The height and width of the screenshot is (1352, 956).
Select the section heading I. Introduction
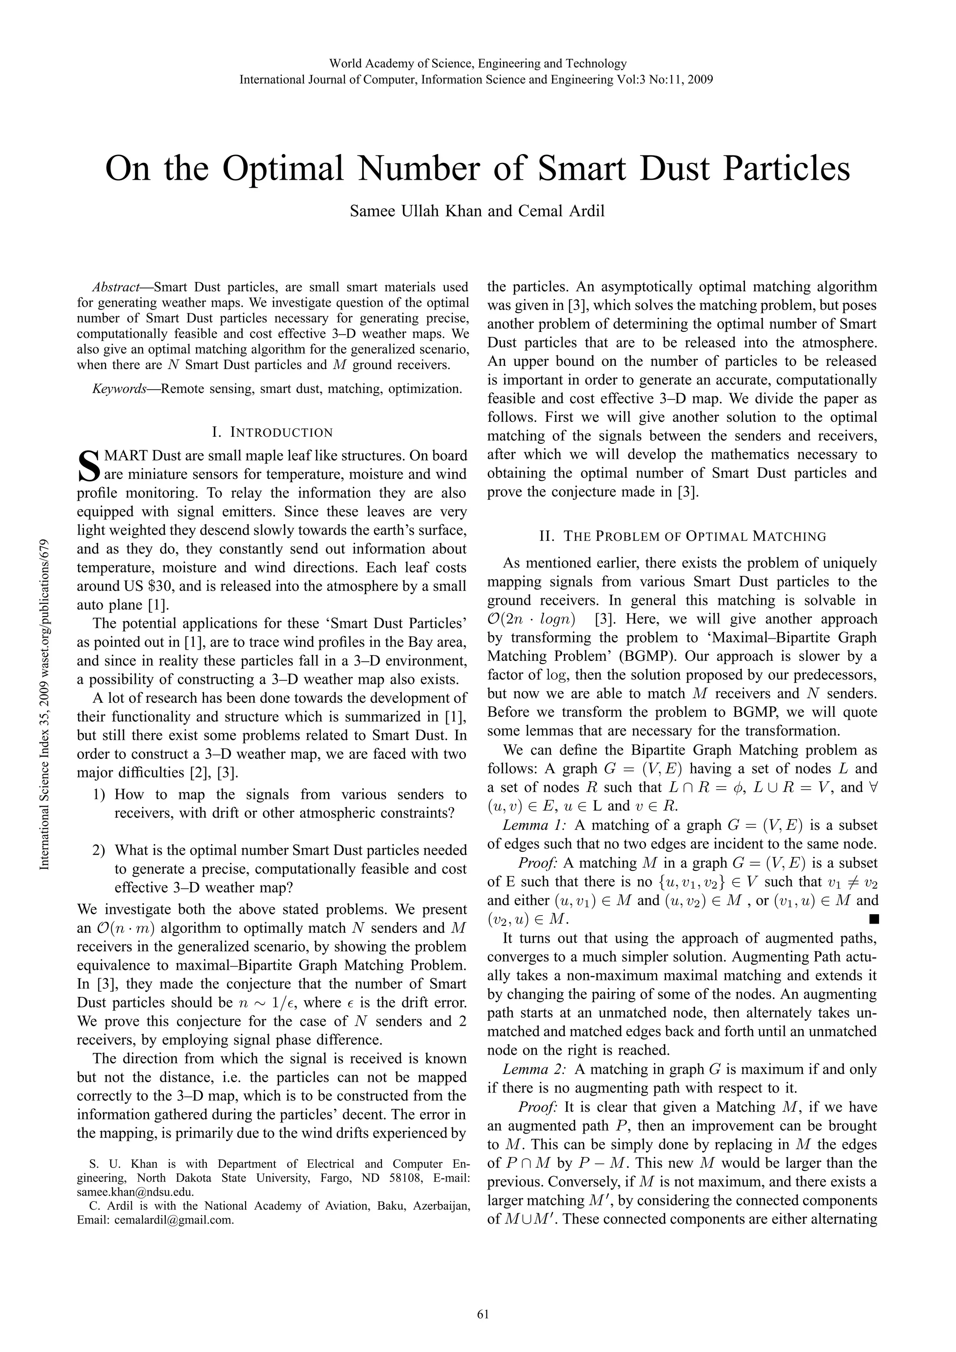coord(272,433)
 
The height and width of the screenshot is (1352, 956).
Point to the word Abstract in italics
coord(115,287)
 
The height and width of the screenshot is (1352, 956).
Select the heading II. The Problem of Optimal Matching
coord(682,536)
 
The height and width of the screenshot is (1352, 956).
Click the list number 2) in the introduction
coord(99,850)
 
